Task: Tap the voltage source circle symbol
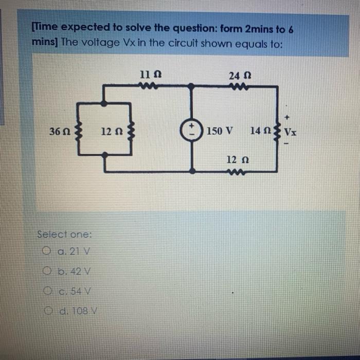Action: [x=191, y=130]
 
